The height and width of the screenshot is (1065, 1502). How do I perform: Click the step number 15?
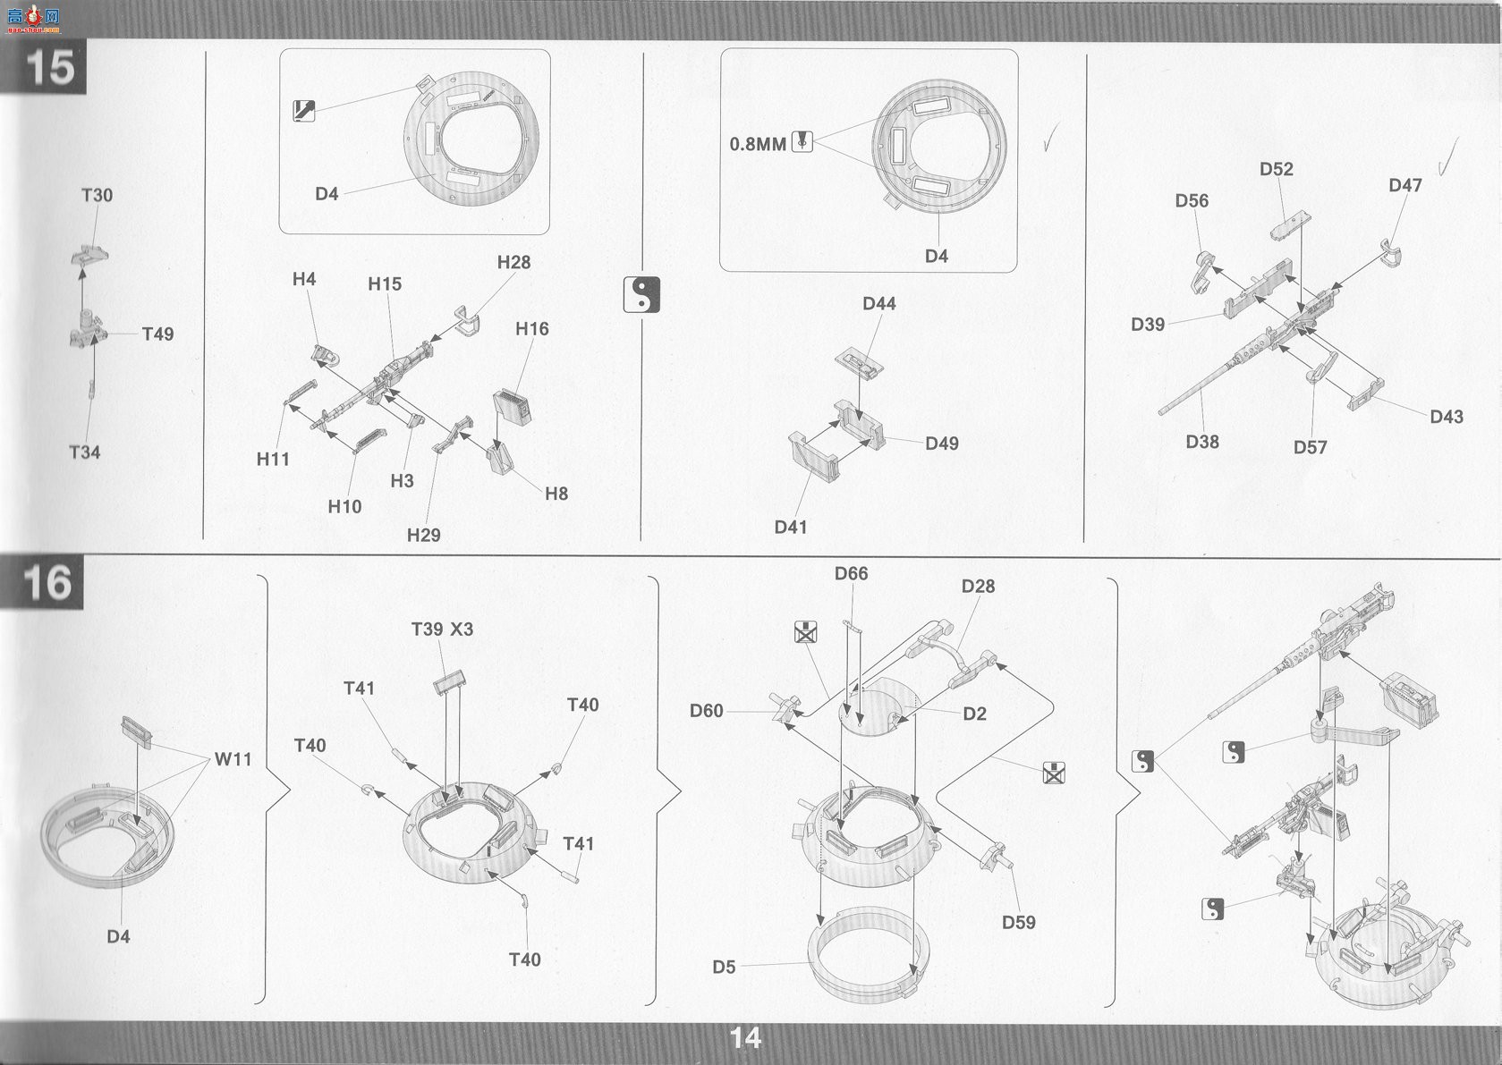coord(49,67)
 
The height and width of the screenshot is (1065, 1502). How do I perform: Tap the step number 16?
coord(47,582)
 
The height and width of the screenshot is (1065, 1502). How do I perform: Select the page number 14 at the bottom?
coord(745,1038)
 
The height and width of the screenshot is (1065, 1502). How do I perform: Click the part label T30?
coord(98,195)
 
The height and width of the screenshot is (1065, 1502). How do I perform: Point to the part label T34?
coord(84,452)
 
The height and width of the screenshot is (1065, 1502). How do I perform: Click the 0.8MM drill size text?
coord(758,144)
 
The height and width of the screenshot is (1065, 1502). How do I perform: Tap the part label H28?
coord(513,262)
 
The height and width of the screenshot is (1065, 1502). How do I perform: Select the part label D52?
coord(1276,169)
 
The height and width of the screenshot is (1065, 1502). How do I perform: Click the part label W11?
coord(233,759)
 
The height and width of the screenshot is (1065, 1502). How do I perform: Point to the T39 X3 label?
coord(442,630)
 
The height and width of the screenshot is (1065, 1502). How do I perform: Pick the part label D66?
coord(851,574)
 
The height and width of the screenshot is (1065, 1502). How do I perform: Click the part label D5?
coord(724,968)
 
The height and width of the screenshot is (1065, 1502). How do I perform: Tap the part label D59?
coord(1019,922)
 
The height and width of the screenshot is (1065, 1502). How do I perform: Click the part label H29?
coord(424,535)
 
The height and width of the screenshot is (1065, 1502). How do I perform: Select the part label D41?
coord(791,527)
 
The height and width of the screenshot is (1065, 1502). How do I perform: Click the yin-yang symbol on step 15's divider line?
coord(641,294)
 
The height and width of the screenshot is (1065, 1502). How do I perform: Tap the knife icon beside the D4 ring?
coord(304,111)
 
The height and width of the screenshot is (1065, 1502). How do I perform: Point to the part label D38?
coord(1202,442)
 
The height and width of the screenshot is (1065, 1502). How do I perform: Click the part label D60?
coord(706,710)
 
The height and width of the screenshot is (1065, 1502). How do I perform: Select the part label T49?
coord(157,334)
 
